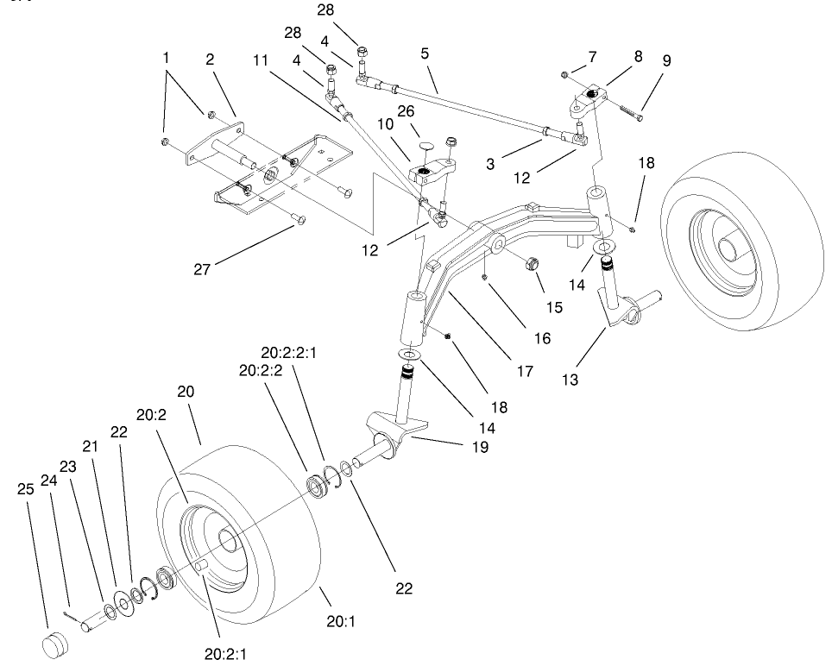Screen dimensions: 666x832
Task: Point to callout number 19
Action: pos(480,447)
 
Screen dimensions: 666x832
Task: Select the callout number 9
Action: pos(666,60)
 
